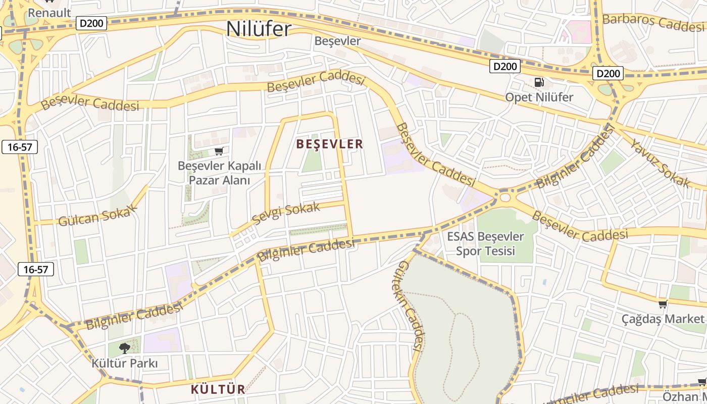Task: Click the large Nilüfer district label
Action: [259, 28]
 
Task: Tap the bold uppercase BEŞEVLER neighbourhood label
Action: [330, 144]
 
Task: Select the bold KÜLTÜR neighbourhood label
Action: [218, 389]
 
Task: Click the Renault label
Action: [49, 13]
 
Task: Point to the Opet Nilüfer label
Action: [539, 97]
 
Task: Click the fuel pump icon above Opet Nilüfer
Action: [539, 82]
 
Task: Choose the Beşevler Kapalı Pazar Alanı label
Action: [219, 173]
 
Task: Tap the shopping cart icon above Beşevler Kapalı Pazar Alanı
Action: [219, 151]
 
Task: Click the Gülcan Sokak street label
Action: [98, 215]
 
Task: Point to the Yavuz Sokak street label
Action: [660, 163]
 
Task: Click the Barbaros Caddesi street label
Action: [653, 22]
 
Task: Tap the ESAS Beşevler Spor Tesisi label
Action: [485, 243]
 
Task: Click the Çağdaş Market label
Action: [663, 319]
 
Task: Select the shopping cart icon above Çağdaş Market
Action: [663, 304]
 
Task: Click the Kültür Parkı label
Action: [125, 363]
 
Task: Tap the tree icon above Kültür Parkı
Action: [124, 348]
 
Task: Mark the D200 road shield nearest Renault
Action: [91, 23]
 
